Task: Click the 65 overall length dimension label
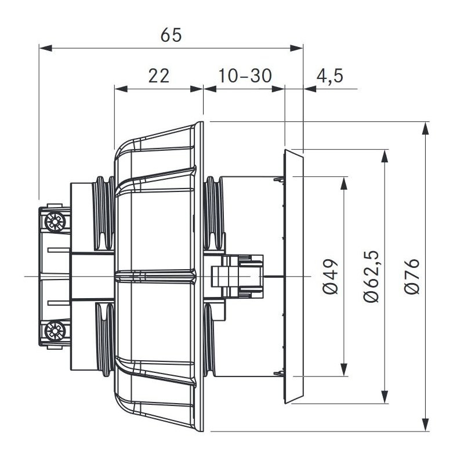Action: pyautogui.click(x=171, y=35)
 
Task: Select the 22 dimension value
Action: pyautogui.click(x=159, y=76)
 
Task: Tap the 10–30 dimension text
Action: pyautogui.click(x=245, y=76)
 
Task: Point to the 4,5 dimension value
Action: pyautogui.click(x=329, y=76)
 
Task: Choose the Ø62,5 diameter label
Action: pyautogui.click(x=371, y=276)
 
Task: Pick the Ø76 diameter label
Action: pyautogui.click(x=412, y=277)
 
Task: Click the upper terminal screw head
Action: pyautogui.click(x=55, y=222)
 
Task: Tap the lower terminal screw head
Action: pyautogui.click(x=55, y=331)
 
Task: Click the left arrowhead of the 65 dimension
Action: pyautogui.click(x=46, y=48)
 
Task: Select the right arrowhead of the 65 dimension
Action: pyautogui.click(x=296, y=48)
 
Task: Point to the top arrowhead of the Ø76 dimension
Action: pyautogui.click(x=425, y=128)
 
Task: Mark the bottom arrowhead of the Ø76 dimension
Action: pyautogui.click(x=425, y=425)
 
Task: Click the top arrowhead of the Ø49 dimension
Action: pyautogui.click(x=343, y=183)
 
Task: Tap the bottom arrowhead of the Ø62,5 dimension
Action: pyautogui.click(x=385, y=397)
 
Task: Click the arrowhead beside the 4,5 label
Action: pyautogui.click(x=310, y=89)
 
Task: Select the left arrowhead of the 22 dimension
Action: pyautogui.click(x=121, y=89)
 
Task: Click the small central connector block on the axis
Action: pyautogui.click(x=237, y=277)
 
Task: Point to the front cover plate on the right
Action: pyautogui.click(x=293, y=277)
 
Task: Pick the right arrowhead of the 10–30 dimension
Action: pyautogui.click(x=278, y=89)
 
